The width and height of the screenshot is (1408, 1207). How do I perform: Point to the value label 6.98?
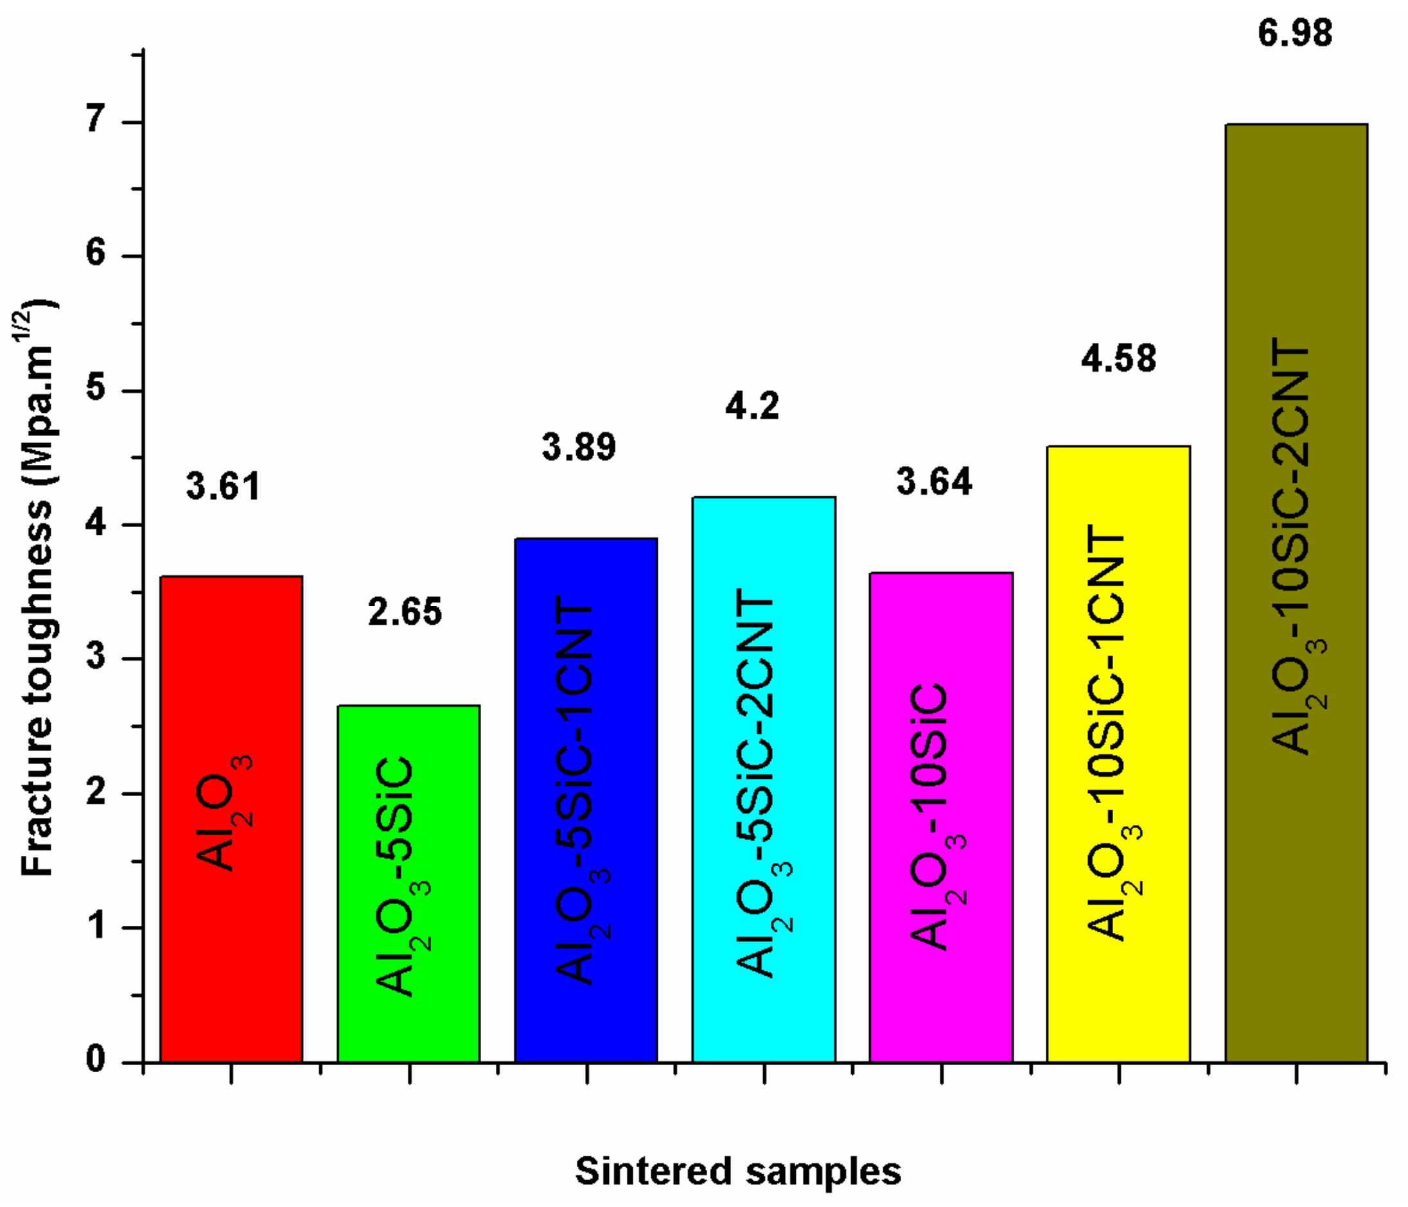click(1295, 33)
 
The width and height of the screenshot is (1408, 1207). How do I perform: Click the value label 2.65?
click(405, 611)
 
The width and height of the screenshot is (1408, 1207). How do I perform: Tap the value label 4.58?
click(1118, 359)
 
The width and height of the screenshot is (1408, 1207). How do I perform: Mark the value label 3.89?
click(579, 447)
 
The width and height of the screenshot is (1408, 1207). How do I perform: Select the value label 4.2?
click(752, 406)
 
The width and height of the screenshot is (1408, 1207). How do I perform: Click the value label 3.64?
click(935, 481)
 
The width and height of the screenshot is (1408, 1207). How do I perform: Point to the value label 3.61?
click(224, 487)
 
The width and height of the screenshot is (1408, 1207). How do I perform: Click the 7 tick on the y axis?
click(96, 122)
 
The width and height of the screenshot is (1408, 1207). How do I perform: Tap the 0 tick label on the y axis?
click(96, 1059)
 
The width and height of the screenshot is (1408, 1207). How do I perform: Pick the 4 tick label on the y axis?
click(96, 525)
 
